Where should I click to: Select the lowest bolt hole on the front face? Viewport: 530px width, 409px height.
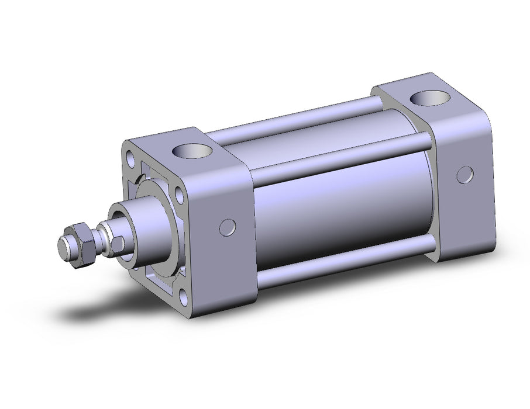pyautogui.click(x=186, y=297)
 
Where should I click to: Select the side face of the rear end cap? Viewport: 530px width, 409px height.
pyautogui.click(x=462, y=175)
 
